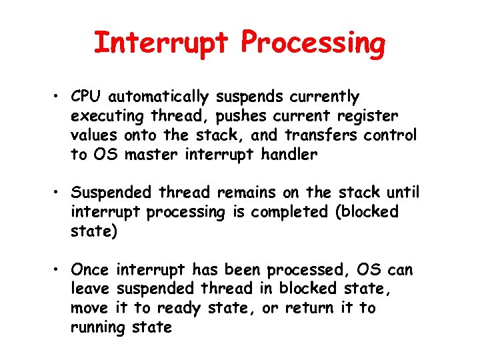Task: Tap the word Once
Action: (x=90, y=270)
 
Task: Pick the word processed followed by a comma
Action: (x=308, y=271)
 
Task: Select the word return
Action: (x=311, y=308)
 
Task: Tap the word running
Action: (x=97, y=328)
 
